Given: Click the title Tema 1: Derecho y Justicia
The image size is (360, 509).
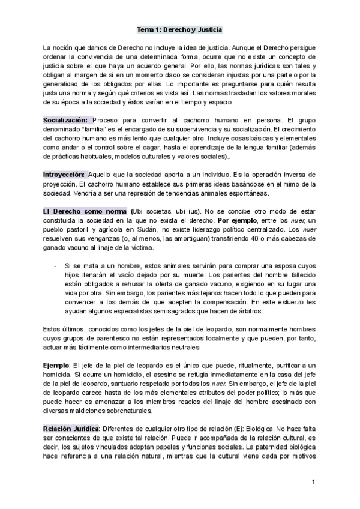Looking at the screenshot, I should pyautogui.click(x=179, y=28).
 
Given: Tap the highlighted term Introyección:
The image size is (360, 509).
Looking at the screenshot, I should pyautogui.click(x=64, y=174).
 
